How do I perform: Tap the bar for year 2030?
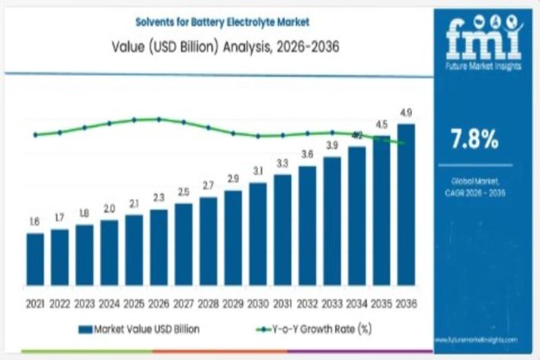pos(258,233)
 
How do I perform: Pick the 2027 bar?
pos(184,244)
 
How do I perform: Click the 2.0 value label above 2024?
pos(109,209)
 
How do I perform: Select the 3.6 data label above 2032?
pos(307,155)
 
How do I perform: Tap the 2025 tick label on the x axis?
pos(134,305)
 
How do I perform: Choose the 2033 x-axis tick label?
pos(331,305)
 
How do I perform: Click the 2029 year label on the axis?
pos(233,305)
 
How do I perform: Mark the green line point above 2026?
pos(159,119)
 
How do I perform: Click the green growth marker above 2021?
pos(35,135)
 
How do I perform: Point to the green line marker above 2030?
pos(258,136)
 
